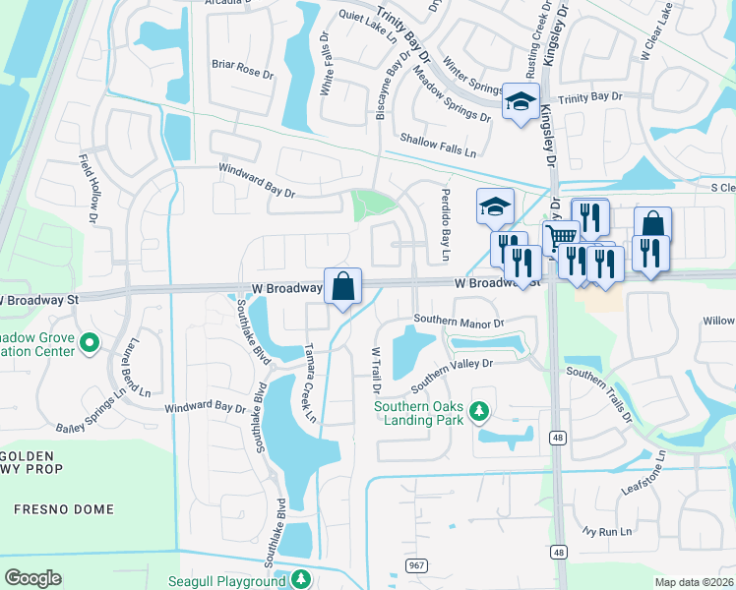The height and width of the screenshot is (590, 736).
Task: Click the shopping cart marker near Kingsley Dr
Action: pyautogui.click(x=560, y=237)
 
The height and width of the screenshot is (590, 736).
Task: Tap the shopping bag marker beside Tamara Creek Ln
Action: pyautogui.click(x=342, y=286)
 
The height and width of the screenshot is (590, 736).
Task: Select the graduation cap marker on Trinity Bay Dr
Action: pyautogui.click(x=521, y=100)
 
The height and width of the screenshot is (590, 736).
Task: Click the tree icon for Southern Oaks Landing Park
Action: pyautogui.click(x=479, y=410)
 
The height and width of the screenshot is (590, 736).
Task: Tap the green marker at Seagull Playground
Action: pyautogui.click(x=305, y=579)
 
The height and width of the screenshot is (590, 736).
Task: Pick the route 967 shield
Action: pyautogui.click(x=415, y=566)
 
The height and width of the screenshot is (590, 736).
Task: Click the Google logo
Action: pyautogui.click(x=32, y=578)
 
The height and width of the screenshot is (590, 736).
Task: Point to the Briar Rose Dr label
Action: pyautogui.click(x=241, y=72)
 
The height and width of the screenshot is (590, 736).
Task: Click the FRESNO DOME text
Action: pyautogui.click(x=64, y=509)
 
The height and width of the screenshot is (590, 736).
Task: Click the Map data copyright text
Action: pyautogui.click(x=694, y=582)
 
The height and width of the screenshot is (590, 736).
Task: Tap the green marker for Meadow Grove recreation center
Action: pyautogui.click(x=90, y=343)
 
